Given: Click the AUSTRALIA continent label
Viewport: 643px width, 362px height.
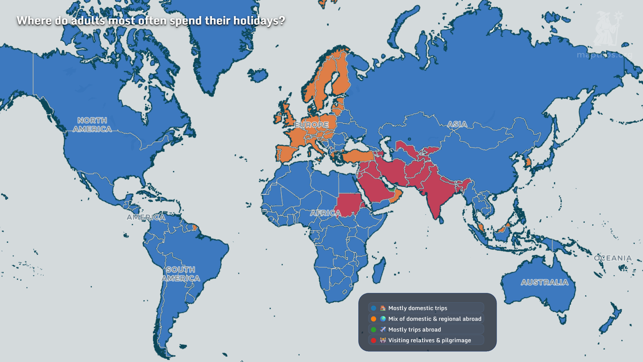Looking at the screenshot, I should [x=545, y=282].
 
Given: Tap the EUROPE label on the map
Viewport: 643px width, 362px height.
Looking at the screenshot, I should [x=311, y=125].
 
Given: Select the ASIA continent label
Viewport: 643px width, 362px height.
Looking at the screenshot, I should [x=457, y=124].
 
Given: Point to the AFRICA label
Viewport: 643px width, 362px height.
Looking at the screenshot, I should [x=325, y=213].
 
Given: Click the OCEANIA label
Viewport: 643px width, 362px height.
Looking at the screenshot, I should [x=613, y=258].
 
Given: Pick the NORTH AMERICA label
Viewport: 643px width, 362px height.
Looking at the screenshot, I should [x=92, y=125].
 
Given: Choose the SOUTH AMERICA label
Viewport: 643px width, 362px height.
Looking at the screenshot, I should [x=181, y=274].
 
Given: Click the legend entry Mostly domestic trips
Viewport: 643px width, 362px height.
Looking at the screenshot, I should [x=418, y=308].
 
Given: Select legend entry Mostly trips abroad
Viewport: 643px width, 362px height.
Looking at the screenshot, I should [x=414, y=329].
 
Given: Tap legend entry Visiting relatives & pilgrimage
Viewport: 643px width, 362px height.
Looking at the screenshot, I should [x=429, y=340].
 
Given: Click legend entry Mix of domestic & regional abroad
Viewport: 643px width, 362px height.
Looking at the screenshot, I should [x=434, y=319].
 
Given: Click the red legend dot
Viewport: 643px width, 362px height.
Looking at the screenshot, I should [x=373, y=340].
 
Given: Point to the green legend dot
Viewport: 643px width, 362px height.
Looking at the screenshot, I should [x=373, y=329].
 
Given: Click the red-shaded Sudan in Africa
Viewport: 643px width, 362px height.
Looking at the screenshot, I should [x=348, y=204].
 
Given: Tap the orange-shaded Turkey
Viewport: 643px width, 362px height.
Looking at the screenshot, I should [x=357, y=156].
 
